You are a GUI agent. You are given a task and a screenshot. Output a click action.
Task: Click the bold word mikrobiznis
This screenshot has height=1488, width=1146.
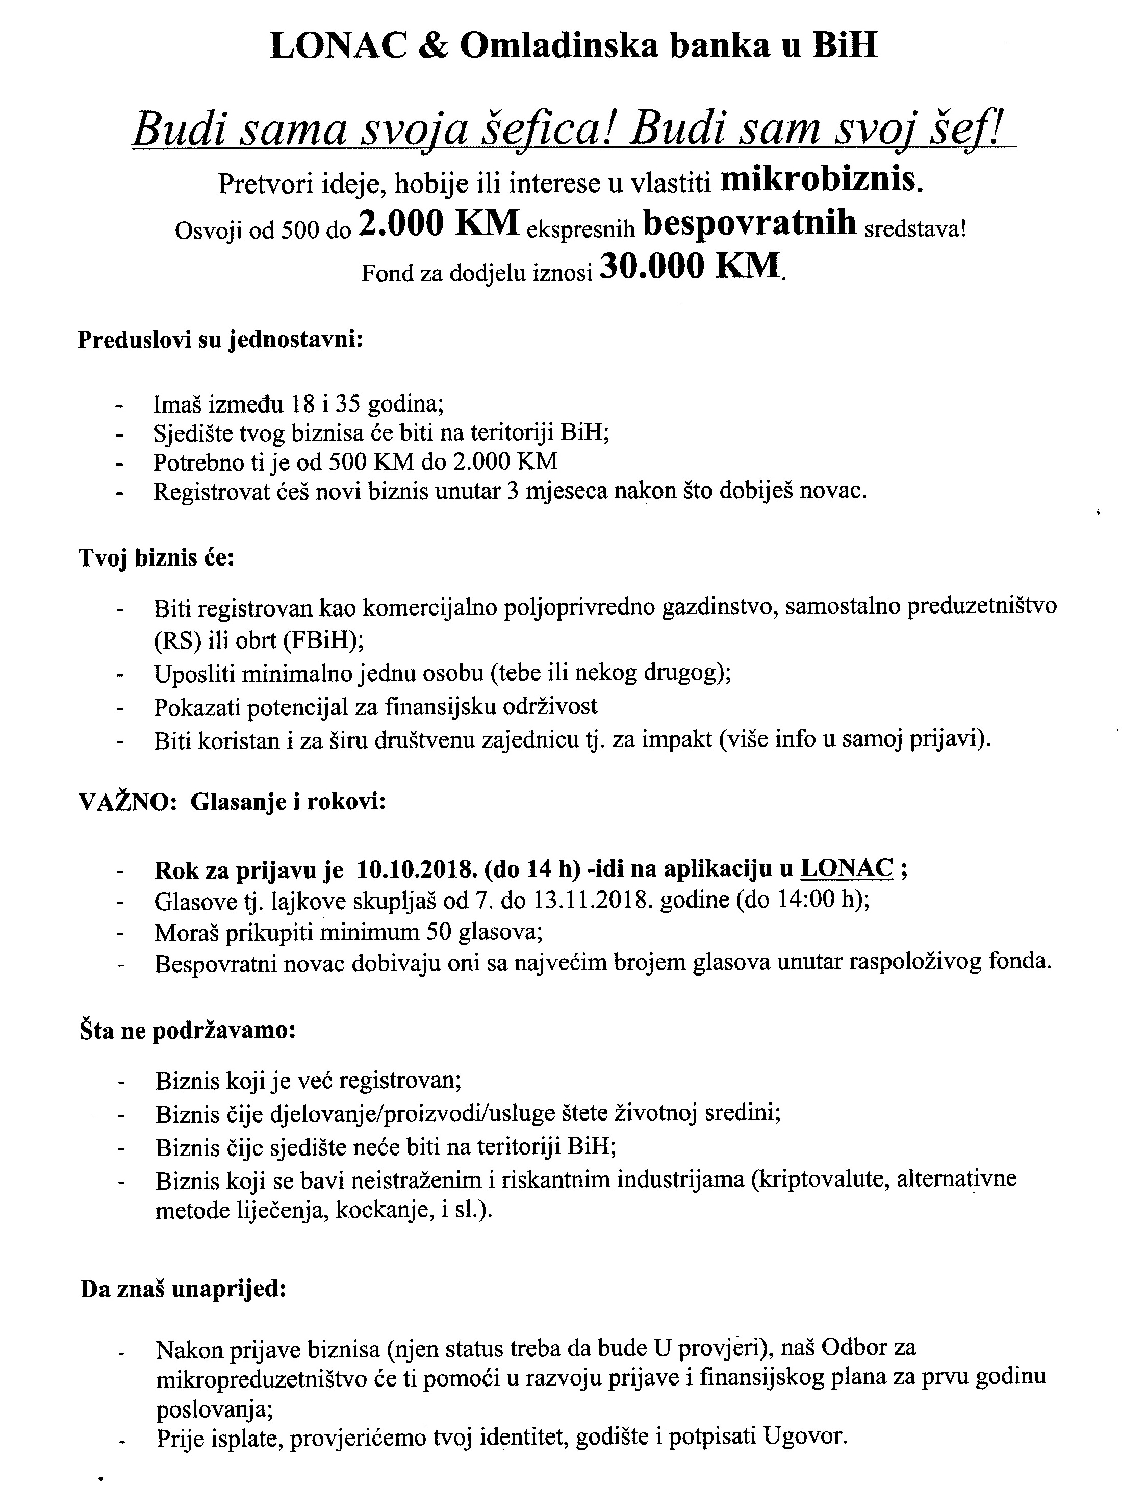tap(822, 180)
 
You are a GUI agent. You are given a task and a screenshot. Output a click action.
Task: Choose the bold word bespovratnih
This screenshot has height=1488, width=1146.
tap(750, 223)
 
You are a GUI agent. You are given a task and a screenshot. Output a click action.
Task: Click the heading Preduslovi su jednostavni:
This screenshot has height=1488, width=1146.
tap(220, 339)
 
